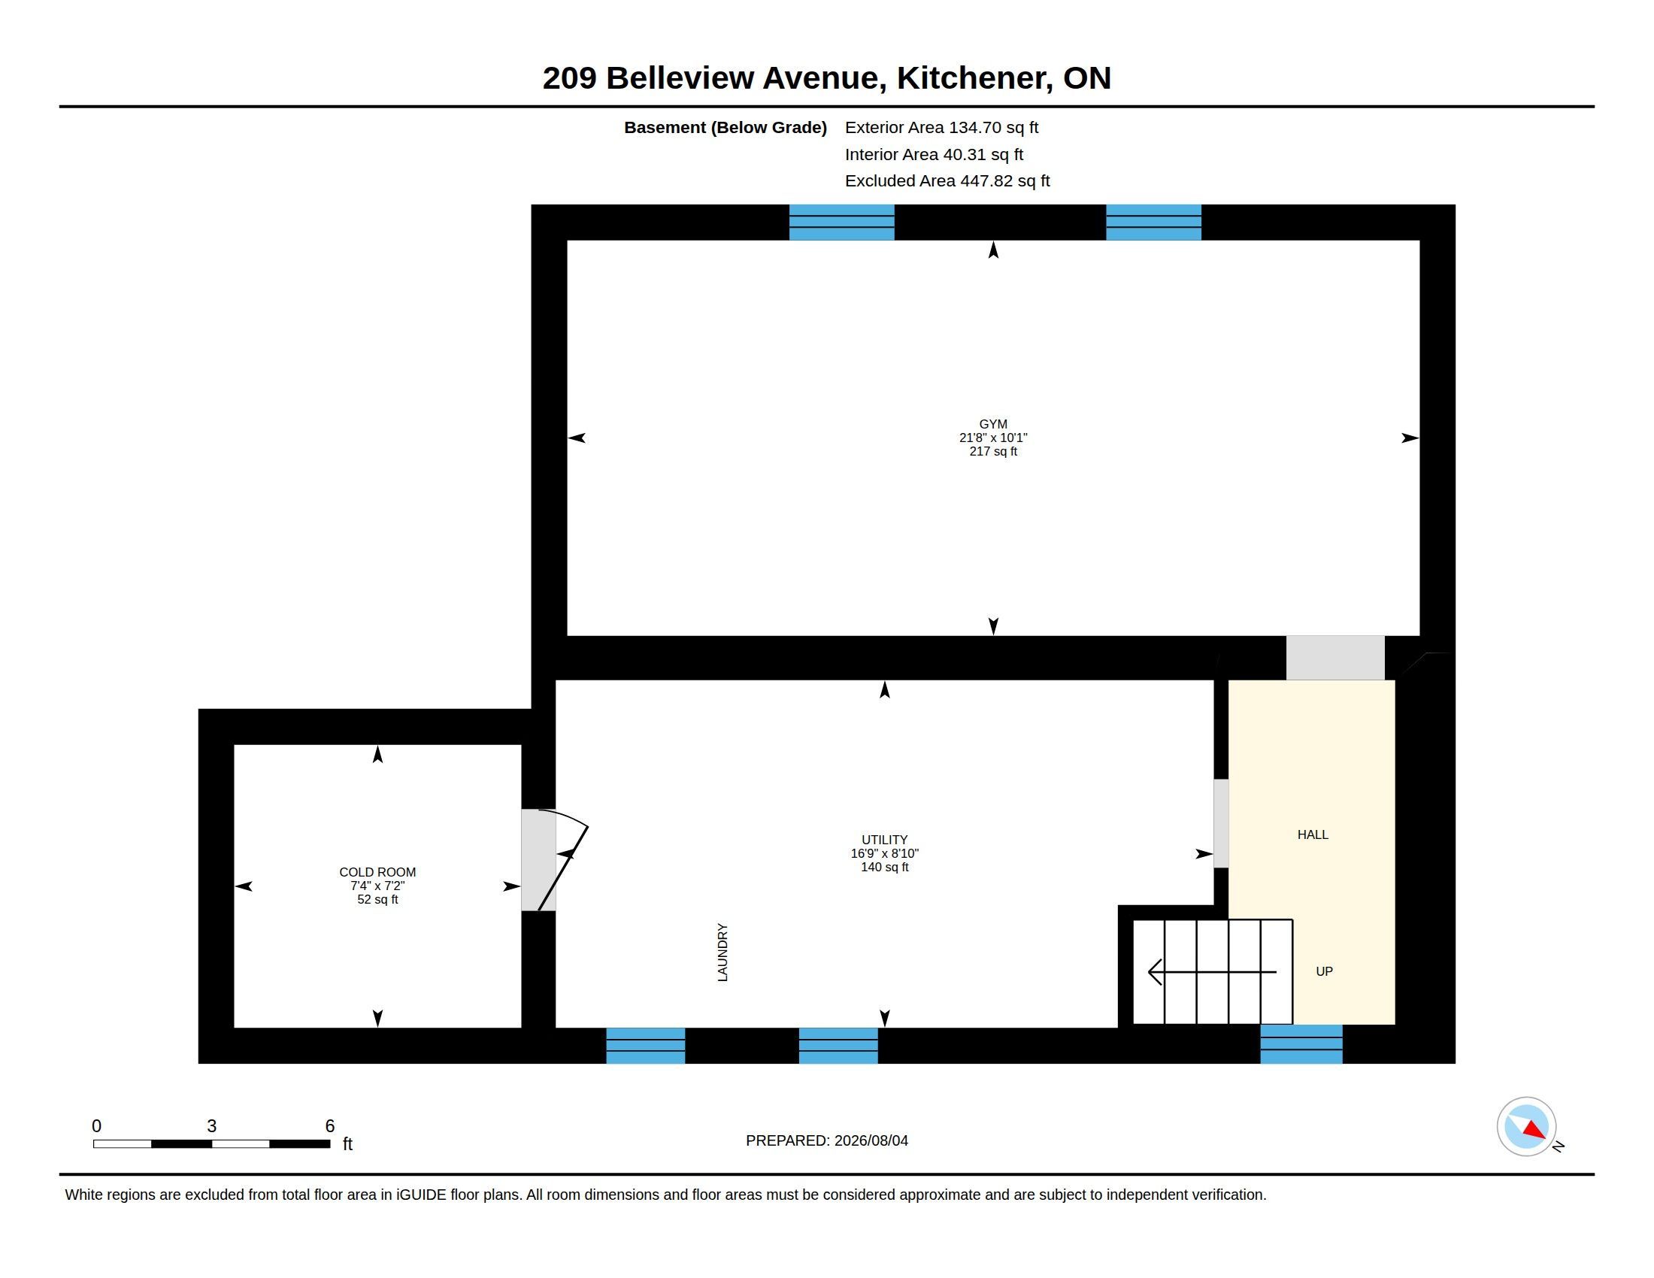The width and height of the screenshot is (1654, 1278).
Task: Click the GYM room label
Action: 993,424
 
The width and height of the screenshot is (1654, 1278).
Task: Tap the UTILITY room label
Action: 884,840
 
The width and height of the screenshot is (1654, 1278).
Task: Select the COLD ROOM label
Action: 377,872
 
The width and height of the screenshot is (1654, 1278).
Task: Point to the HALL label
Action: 1313,834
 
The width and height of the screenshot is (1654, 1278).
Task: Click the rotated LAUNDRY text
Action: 722,952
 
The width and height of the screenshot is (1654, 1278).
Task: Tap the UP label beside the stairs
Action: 1324,971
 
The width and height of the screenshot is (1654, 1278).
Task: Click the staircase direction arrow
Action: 1212,971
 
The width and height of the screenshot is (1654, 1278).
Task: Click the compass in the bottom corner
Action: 1526,1126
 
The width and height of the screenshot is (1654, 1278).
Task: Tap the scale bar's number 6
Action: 329,1126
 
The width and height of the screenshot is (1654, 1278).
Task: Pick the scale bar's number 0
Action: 96,1126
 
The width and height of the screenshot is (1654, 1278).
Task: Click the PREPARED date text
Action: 826,1140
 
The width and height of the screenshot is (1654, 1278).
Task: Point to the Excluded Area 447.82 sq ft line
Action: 947,181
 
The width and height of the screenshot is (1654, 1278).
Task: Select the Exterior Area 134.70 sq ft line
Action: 941,127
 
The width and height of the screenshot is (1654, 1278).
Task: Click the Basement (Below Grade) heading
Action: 725,127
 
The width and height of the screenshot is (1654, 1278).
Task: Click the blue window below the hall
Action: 1301,1044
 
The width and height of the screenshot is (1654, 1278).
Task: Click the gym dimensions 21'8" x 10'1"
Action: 993,438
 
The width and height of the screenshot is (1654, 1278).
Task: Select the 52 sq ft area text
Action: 377,899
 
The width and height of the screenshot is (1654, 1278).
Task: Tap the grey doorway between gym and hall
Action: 1335,657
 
